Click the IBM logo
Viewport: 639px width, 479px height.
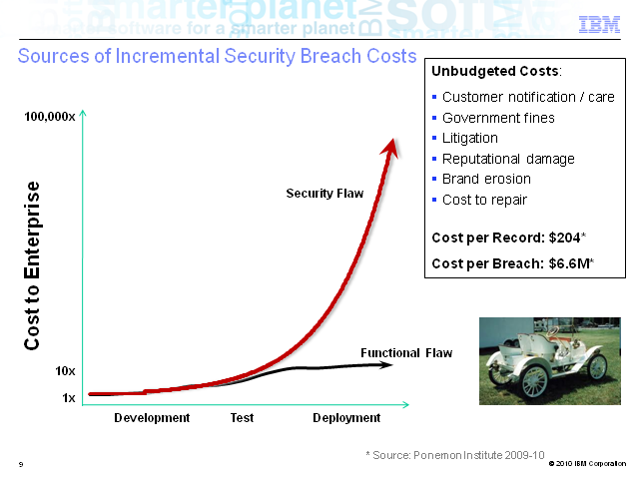coord(599,24)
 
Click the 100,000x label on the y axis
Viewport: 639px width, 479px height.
coord(50,117)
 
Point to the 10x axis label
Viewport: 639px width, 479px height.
coord(65,371)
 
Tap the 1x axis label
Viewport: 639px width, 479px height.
coord(69,398)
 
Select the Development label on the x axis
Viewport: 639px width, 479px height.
coord(152,418)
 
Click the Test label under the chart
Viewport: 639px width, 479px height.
coord(242,418)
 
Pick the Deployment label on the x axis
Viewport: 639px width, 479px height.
coord(346,418)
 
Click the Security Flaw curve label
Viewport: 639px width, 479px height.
coord(324,193)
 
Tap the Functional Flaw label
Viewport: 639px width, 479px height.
coord(406,352)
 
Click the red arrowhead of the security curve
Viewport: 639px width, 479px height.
coord(390,148)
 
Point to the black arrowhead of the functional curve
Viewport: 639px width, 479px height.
coord(385,365)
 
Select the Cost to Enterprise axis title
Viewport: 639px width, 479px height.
coord(32,265)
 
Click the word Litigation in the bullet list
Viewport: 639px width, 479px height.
coord(470,138)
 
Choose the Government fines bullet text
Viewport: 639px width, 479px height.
coord(498,118)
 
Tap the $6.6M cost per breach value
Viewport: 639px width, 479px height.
coord(569,263)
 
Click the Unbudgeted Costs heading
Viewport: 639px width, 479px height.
coord(495,71)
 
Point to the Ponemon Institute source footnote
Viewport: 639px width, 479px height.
coord(455,455)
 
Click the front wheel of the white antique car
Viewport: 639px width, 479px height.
coord(535,381)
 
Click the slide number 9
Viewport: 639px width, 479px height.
coord(21,464)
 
